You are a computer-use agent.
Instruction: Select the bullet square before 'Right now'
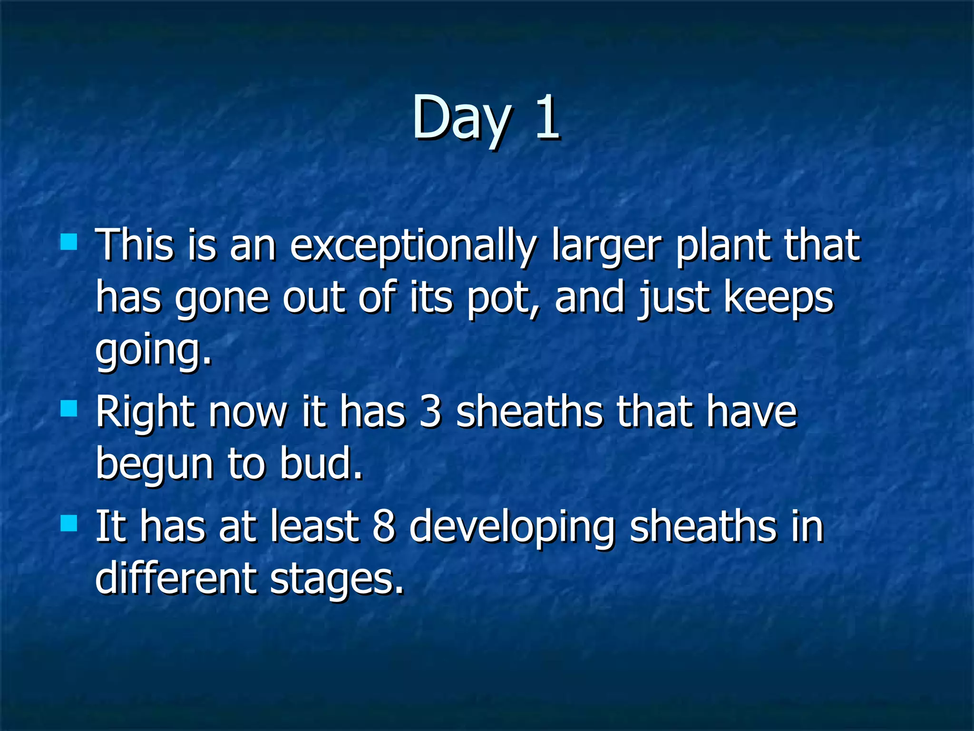coord(69,408)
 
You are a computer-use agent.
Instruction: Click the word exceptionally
coord(413,247)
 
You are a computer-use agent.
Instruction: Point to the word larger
coord(606,247)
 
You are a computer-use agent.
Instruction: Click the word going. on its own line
coord(153,351)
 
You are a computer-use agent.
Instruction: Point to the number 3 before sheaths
coord(430,412)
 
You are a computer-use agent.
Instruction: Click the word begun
coord(154,464)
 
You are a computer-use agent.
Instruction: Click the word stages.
coord(337,580)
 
